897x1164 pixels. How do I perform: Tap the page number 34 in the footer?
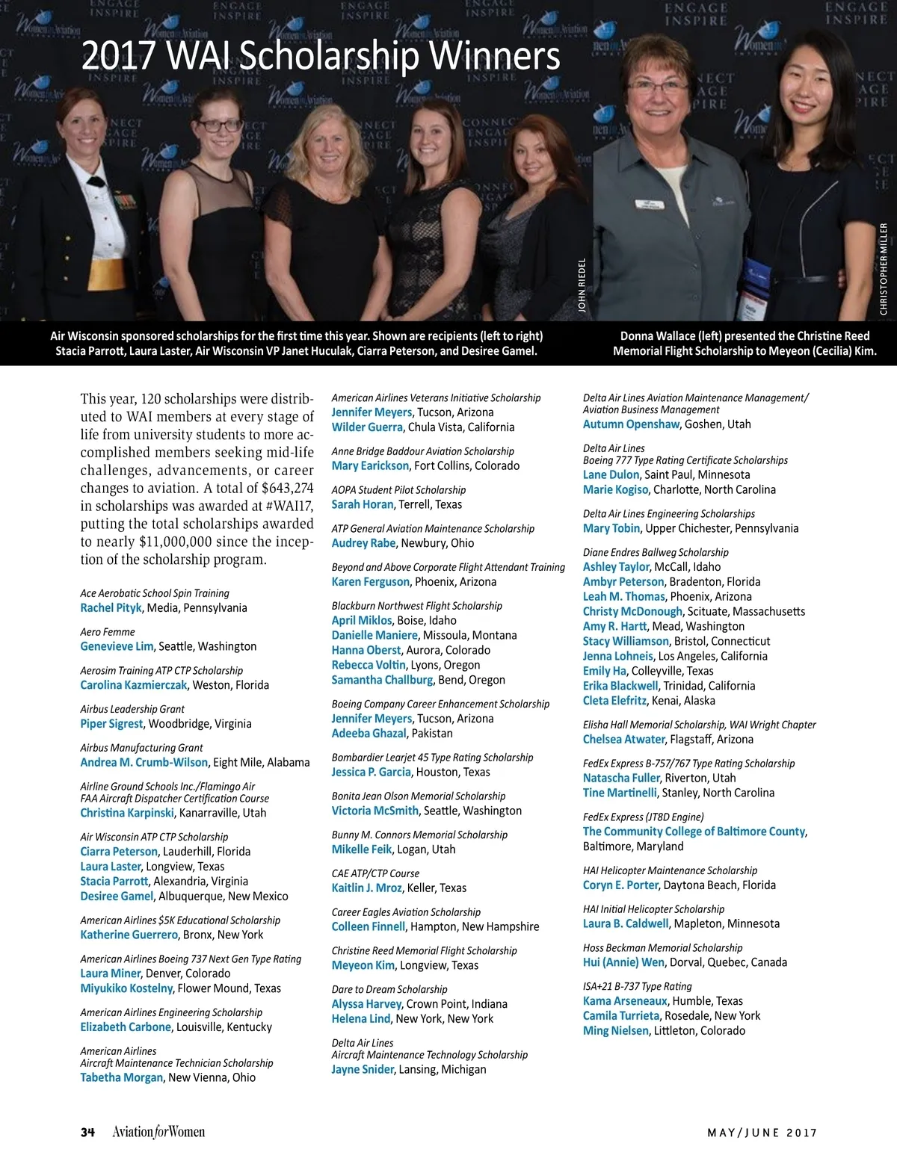click(87, 1132)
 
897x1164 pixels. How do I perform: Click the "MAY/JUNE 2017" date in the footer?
click(762, 1133)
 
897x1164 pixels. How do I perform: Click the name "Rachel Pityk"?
click(111, 608)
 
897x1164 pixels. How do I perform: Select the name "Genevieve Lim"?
click(117, 647)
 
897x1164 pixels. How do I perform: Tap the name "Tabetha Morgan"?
click(121, 1077)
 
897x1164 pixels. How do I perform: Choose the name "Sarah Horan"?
click(363, 505)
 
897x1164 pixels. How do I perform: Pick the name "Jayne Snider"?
click(363, 1070)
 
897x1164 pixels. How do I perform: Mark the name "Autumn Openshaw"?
click(631, 424)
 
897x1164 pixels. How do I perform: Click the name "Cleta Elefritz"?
click(614, 701)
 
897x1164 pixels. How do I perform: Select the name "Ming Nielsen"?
click(615, 1031)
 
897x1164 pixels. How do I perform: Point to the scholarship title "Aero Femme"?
click(108, 632)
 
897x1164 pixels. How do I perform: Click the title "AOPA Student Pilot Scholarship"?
click(398, 490)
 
